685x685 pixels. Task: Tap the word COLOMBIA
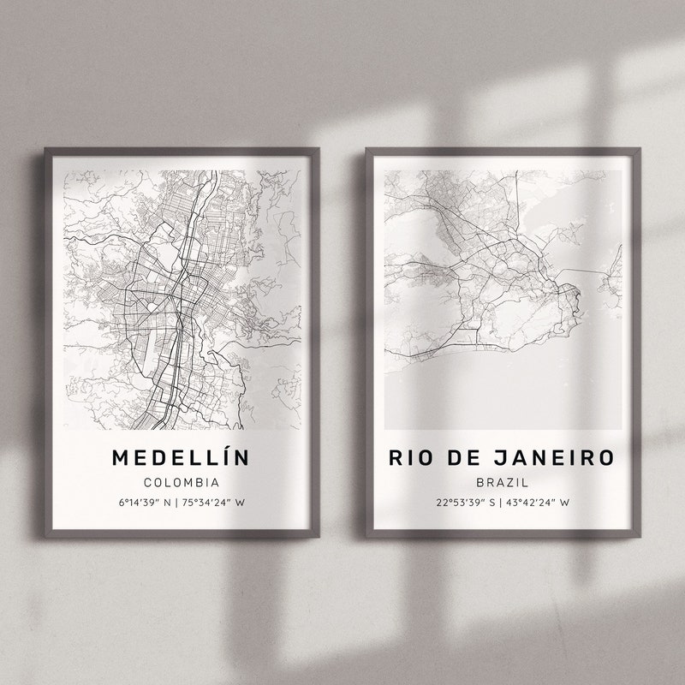pos(182,482)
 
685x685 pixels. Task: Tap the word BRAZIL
pos(503,483)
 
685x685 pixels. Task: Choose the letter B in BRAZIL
pos(480,483)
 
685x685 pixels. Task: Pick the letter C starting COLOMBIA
pos(147,482)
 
